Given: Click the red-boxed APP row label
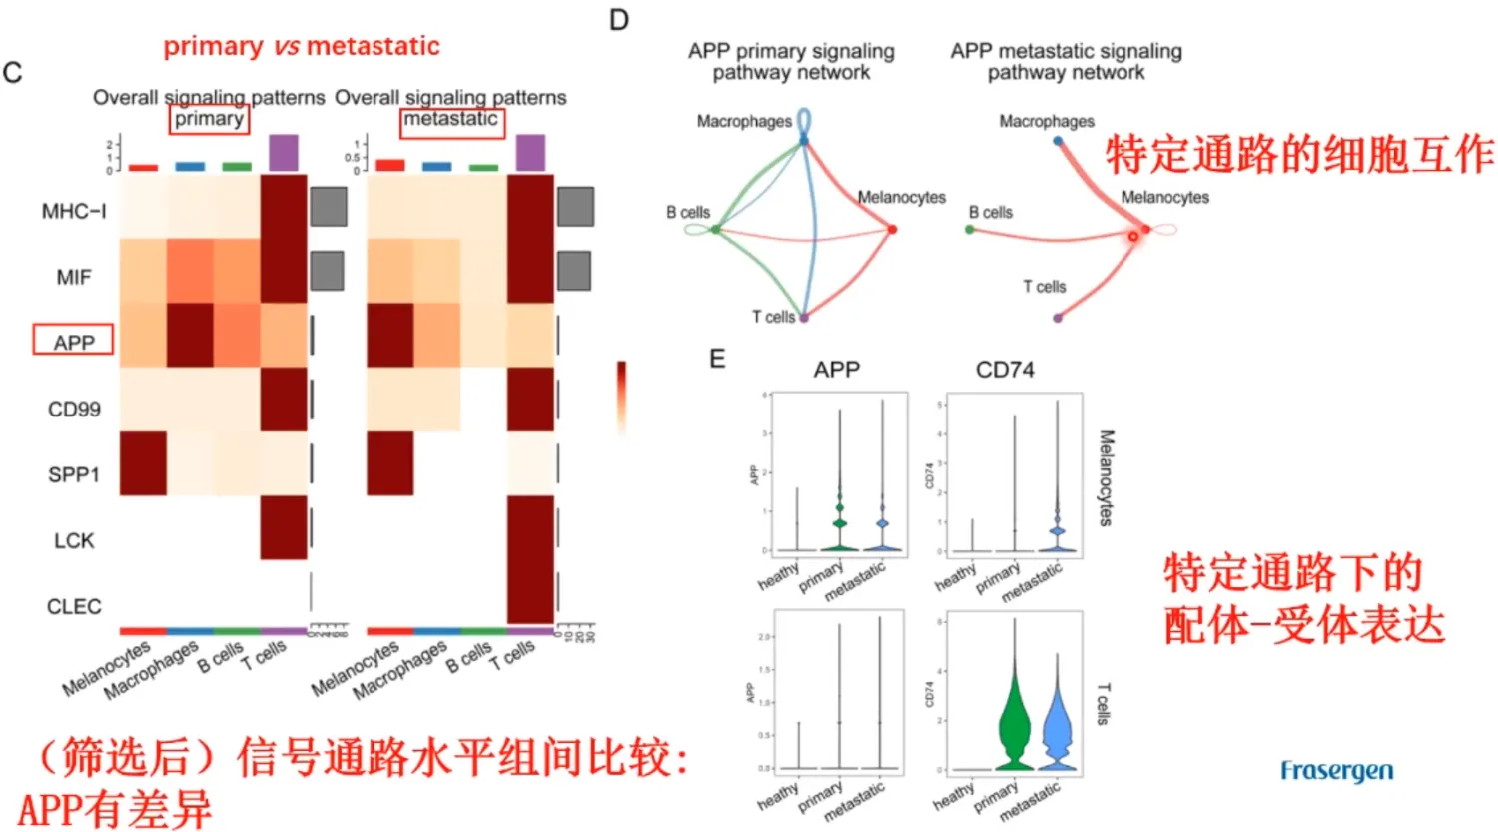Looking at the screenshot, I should coord(73,341).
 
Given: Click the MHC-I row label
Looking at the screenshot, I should coord(74,211).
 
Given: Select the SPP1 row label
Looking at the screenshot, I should coord(74,474).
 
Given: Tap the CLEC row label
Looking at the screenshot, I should coord(74,606).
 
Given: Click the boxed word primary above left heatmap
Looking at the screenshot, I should coord(209,119).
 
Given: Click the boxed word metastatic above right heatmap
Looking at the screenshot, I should coord(451,120).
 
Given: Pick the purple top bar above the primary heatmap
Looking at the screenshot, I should coord(284,153).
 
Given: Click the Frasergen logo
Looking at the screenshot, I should coord(1336,771).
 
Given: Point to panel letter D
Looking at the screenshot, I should coord(619,20).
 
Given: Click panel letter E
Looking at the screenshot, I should coord(717,359).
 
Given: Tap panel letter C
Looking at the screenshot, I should coord(13,73).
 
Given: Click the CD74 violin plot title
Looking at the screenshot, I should coord(1005,370).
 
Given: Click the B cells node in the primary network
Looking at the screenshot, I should coord(715,230).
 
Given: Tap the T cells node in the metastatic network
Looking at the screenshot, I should coord(1058,318).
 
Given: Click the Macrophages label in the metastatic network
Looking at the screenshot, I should coord(1047,121).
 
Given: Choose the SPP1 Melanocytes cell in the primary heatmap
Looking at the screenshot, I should coord(143,463).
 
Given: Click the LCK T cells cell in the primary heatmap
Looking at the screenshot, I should coord(284,527).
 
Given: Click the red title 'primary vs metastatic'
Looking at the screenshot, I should coord(302,46).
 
